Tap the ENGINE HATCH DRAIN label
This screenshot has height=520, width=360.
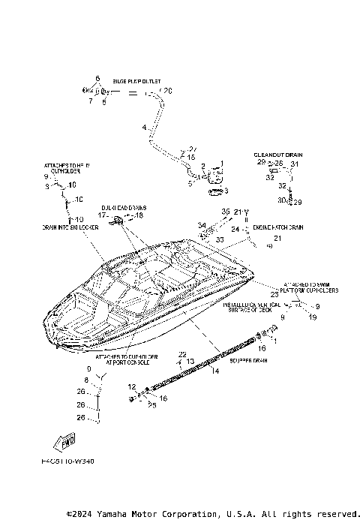coord(277,227)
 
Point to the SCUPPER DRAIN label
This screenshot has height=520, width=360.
coord(248,359)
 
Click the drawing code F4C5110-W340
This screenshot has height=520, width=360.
coord(68,463)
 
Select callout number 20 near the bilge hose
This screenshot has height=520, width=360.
coord(168,91)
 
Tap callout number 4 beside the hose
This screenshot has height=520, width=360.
coord(143,128)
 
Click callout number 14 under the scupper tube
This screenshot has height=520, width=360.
coord(216,371)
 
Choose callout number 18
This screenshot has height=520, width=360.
coord(139,215)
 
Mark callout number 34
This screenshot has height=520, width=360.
coord(202,224)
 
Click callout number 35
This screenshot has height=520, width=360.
coord(225,212)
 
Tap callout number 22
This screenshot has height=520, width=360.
coord(181,353)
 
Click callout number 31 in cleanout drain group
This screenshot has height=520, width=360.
coord(295,164)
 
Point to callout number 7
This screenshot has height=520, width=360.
coord(90,101)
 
